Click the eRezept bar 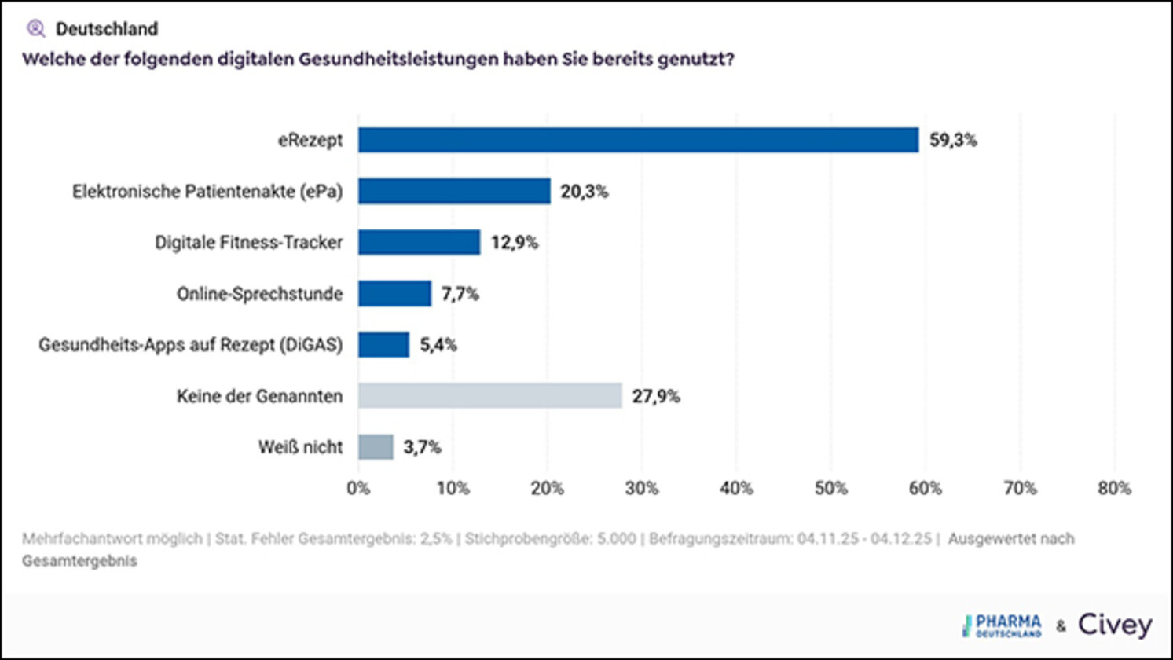638,140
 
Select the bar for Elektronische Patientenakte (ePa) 454,191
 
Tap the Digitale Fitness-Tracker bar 419,242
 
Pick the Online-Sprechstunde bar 394,293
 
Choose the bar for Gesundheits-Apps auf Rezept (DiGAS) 383,344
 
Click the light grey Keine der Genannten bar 489,395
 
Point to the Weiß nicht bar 376,446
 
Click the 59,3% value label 953,140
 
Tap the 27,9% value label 656,396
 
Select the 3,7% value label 422,447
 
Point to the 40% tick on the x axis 736,488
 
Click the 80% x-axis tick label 1114,488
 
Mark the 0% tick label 358,488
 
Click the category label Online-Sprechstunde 259,294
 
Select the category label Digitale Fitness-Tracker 248,243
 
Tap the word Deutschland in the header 107,29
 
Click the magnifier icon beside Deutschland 36,29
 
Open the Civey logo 1115,625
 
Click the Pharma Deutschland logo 1003,625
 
